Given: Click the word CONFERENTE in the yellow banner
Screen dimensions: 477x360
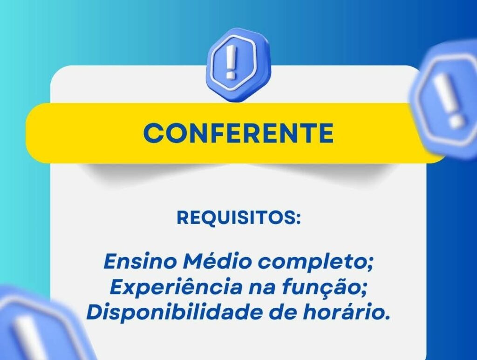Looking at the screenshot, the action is (x=238, y=133).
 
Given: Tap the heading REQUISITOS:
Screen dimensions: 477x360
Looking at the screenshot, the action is (x=238, y=218).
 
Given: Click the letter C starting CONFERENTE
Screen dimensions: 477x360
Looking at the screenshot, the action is (x=154, y=133).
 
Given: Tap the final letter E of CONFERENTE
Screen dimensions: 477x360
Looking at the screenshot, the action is (x=326, y=133).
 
